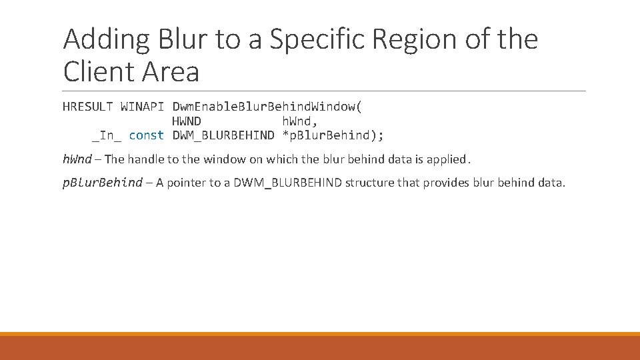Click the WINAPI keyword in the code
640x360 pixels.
[142, 107]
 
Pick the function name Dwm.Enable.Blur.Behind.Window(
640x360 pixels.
[267, 107]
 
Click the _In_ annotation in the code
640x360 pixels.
[106, 135]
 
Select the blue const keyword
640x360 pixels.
[146, 135]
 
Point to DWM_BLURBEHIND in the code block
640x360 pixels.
[223, 135]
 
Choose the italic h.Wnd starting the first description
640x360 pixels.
[77, 159]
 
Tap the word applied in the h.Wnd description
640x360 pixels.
[447, 159]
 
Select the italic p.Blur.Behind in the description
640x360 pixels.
[103, 183]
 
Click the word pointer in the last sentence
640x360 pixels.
[187, 183]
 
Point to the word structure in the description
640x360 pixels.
[369, 183]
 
